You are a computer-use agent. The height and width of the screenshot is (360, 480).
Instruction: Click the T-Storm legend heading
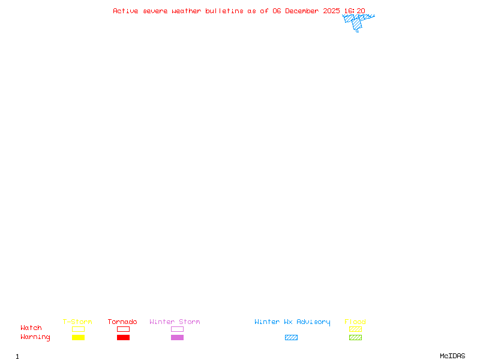click(x=77, y=322)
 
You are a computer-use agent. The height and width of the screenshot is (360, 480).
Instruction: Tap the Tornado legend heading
click(x=122, y=322)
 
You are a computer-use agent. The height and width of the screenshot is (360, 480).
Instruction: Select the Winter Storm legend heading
click(x=175, y=322)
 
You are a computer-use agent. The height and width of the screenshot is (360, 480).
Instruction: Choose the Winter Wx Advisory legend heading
click(x=292, y=322)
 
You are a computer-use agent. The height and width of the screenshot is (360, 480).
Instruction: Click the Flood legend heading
click(x=355, y=322)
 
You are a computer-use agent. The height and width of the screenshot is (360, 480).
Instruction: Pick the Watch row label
click(x=31, y=328)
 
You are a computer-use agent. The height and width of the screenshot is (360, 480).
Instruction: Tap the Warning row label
click(x=35, y=337)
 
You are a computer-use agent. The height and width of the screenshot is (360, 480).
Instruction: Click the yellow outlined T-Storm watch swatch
click(x=78, y=329)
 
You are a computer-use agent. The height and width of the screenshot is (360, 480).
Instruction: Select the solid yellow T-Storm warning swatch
click(x=78, y=337)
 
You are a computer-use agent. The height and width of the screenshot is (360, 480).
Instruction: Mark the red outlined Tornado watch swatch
click(x=123, y=329)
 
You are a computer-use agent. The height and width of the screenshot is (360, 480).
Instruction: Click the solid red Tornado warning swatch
click(x=123, y=337)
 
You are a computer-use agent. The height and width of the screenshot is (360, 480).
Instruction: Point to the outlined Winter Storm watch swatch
click(x=177, y=329)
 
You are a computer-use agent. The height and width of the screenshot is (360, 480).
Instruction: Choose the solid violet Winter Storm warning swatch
click(x=177, y=337)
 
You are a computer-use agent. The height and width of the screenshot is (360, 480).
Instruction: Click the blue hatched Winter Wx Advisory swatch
click(x=291, y=337)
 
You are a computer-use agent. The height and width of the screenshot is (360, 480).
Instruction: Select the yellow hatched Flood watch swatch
click(x=355, y=329)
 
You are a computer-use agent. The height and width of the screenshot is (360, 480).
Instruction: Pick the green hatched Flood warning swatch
click(x=355, y=337)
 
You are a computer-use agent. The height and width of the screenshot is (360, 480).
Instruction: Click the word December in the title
click(x=304, y=11)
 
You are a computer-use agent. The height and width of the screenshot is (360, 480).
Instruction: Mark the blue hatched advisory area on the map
click(x=356, y=22)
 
